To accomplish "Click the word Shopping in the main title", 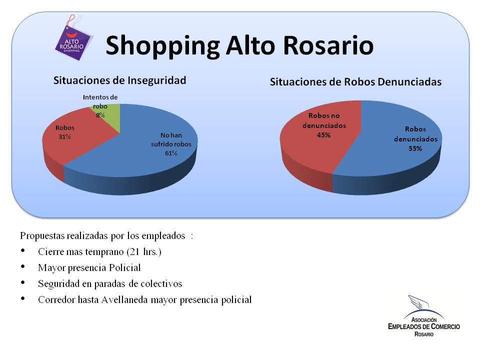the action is (162, 46).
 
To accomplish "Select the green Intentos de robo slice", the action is (108, 115).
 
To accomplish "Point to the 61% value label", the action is (171, 153).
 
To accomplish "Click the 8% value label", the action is (100, 115).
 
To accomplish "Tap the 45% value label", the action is (323, 135).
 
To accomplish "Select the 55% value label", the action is (415, 148).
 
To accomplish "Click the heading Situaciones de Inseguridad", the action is (119, 80).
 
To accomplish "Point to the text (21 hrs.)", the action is (144, 251).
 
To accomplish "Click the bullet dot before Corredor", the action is (23, 298).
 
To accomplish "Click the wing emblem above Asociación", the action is (420, 302).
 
